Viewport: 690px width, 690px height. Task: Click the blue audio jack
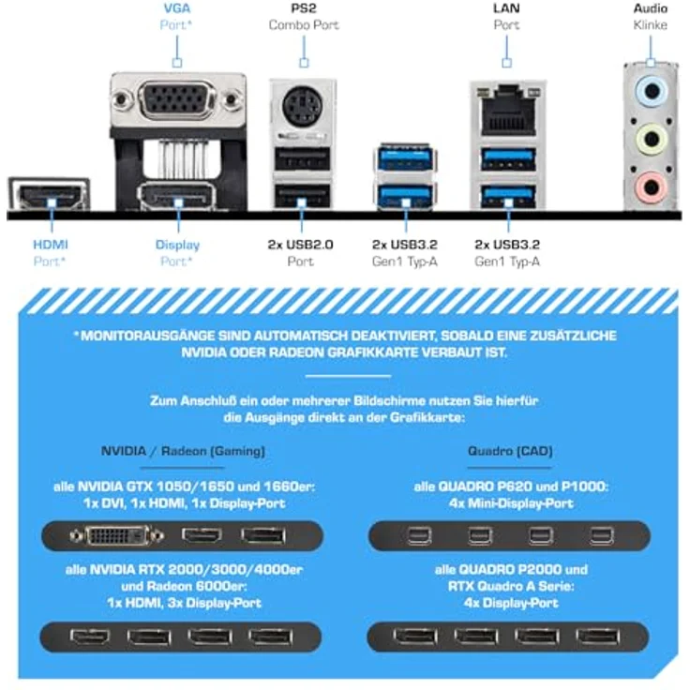tap(652, 92)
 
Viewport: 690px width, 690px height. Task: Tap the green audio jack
tap(652, 140)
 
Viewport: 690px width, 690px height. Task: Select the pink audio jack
tap(652, 187)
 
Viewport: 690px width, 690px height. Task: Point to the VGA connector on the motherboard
tap(177, 100)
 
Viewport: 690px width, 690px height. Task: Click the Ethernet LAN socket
tap(508, 114)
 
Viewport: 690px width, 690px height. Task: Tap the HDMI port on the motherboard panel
tap(50, 195)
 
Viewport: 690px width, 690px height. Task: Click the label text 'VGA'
tap(177, 8)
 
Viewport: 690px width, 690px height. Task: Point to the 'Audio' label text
tap(651, 8)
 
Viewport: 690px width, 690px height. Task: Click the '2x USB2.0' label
tap(301, 245)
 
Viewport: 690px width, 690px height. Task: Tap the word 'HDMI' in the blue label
tap(51, 245)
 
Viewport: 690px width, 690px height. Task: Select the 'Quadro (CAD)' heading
tap(510, 451)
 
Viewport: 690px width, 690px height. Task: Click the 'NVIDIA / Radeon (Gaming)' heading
tap(183, 451)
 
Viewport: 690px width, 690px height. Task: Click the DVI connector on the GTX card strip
tap(117, 536)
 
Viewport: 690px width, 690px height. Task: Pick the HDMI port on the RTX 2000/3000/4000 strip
tap(90, 637)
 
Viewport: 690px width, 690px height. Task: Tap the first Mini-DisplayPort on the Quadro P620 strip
tap(418, 536)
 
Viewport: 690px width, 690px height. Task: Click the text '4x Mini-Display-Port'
tap(511, 503)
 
